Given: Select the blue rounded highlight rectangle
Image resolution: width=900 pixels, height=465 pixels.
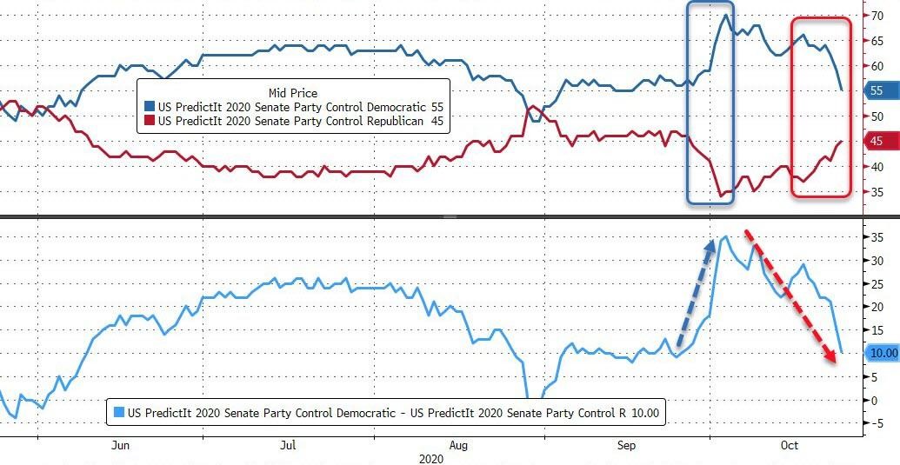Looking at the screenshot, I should pos(710,103).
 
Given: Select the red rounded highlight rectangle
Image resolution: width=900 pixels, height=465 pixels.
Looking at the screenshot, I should pos(820,107).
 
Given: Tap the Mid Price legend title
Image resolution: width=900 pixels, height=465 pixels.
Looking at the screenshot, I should pos(292,92).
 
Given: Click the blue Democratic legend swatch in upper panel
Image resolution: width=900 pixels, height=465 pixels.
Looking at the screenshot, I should pos(150,106).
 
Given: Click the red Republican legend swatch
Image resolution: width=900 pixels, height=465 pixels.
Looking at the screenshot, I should pos(150,121).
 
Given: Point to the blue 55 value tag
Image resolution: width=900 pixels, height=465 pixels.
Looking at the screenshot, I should pos(876,90).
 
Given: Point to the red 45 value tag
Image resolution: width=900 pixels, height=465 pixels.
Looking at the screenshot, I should pos(876,141).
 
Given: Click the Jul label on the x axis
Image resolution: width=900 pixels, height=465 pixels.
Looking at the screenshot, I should pos(289,445).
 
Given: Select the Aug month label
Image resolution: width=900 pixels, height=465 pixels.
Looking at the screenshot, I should pos(459,445).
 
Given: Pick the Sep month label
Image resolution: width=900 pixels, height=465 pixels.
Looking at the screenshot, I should pos(626,445).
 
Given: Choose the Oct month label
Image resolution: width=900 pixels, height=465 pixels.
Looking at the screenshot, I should pos(789,445).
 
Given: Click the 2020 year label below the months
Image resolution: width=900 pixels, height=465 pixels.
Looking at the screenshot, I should pos(431,458).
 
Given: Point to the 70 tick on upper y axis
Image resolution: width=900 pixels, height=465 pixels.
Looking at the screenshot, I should pos(878,15).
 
